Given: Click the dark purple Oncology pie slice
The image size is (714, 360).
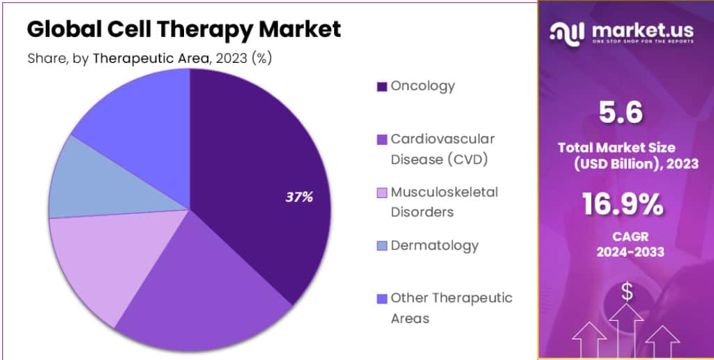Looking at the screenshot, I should pos(265,174).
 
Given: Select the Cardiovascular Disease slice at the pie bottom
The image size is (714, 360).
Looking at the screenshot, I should pos(202,286).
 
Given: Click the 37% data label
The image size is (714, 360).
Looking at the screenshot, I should pos(299,197).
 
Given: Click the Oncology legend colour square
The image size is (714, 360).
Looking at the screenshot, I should pos(381,87).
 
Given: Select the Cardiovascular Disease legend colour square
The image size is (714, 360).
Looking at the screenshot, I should pos(381,140).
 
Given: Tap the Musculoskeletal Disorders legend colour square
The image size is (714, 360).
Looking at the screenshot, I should pos(381,193).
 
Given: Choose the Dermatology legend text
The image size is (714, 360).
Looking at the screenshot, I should pos(434,246).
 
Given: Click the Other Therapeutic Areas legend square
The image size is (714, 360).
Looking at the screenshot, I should pos(381,299).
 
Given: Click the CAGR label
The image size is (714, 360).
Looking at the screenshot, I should pos(623,236).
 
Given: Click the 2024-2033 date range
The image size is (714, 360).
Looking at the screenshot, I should pos(623,252).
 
